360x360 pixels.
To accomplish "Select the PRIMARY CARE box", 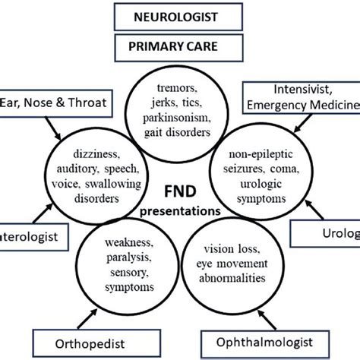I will (x=181, y=46).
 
